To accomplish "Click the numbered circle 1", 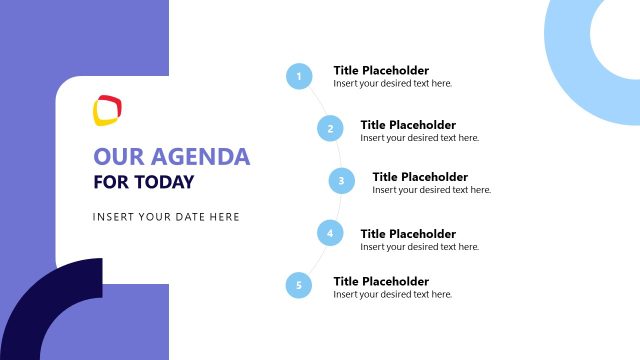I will [298, 76].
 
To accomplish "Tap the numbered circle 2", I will [330, 128].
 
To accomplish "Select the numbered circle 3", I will [342, 181].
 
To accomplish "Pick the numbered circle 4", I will [330, 234].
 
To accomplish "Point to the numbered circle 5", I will [298, 286].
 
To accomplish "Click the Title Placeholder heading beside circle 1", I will [381, 70].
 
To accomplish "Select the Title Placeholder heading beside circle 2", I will [408, 124].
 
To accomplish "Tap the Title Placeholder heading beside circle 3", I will [420, 176].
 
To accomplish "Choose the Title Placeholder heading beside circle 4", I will [408, 233].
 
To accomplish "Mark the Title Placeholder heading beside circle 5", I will [381, 281].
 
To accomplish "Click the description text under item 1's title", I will [393, 84].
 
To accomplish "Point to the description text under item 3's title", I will [432, 190].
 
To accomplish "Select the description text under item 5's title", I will [393, 295].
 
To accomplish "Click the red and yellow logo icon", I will [107, 109].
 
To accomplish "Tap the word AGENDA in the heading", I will [194, 157].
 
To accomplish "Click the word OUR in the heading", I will [113, 157].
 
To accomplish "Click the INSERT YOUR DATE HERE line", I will [166, 216].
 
